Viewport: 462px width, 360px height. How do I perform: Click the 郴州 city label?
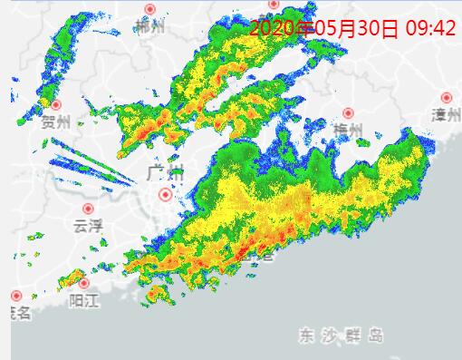149,27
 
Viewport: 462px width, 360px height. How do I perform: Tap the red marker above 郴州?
150,10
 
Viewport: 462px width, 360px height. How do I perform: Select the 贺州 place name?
55,122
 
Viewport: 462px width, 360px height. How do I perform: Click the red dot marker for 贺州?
56,105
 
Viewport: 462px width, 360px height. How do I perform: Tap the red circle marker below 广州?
165,193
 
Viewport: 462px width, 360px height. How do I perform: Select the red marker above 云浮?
88,209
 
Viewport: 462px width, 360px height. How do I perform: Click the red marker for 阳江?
84,283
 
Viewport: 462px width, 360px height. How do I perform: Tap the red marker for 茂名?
15,296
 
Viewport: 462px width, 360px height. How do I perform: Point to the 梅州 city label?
348,131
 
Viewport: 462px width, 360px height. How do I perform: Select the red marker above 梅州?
348,113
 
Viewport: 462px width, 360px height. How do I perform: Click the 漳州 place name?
446,114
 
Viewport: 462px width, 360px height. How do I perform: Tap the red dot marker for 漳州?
447,97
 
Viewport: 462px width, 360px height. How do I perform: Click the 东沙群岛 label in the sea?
342,336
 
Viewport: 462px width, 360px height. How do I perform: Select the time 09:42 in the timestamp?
428,28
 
